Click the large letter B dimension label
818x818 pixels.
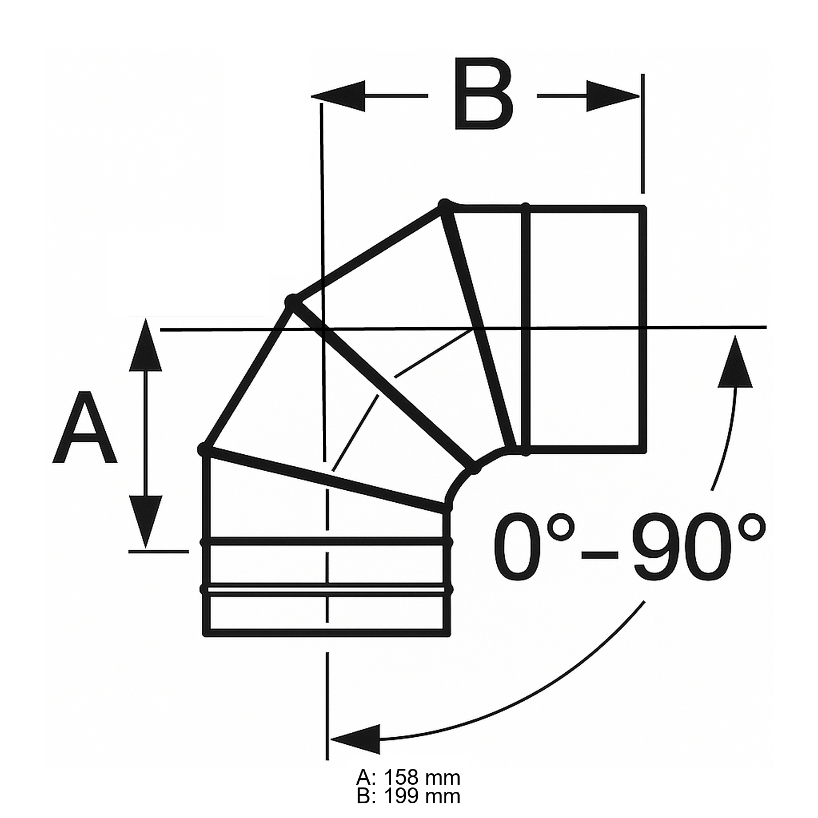point(483,96)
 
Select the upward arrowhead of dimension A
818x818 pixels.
point(145,346)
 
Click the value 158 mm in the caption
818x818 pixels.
point(422,777)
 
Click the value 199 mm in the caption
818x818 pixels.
point(422,796)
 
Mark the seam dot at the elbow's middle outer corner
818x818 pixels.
point(293,302)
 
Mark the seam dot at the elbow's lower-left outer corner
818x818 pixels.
point(204,449)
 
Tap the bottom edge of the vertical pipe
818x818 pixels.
point(327,634)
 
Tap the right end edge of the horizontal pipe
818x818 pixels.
point(643,327)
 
